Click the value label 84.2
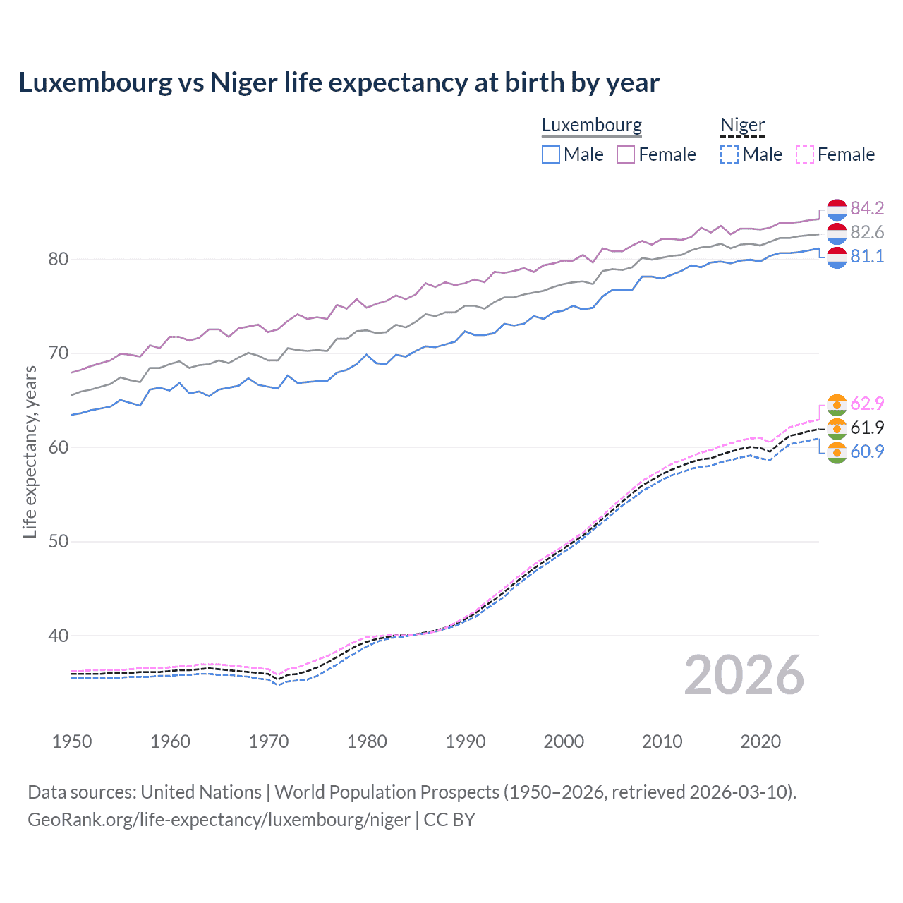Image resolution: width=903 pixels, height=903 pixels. pyautogui.click(x=867, y=208)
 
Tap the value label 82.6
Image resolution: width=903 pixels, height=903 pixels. pyautogui.click(x=867, y=232)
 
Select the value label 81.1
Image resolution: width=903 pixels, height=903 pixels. pyautogui.click(x=867, y=256)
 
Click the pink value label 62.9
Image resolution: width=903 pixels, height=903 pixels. pyautogui.click(x=867, y=404)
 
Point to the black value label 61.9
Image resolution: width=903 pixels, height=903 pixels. pyautogui.click(x=867, y=428)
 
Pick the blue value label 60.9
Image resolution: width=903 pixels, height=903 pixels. pyautogui.click(x=867, y=451)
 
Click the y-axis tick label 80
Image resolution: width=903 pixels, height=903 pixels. pyautogui.click(x=59, y=259)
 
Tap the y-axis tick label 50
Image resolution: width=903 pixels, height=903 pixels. pyautogui.click(x=59, y=541)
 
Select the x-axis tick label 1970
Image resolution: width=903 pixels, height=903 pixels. pyautogui.click(x=269, y=741)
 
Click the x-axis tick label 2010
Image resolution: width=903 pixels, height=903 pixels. pyautogui.click(x=662, y=741)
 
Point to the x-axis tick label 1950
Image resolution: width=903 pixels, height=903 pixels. pyautogui.click(x=72, y=741)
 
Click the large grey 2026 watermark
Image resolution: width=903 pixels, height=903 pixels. pyautogui.click(x=744, y=675)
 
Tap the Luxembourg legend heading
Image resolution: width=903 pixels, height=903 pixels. pyautogui.click(x=591, y=125)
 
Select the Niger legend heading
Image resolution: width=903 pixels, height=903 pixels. pyautogui.click(x=742, y=125)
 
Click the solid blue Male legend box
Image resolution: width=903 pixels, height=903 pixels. pyautogui.click(x=551, y=154)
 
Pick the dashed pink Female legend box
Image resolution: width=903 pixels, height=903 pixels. pyautogui.click(x=804, y=154)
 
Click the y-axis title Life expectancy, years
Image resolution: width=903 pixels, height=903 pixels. pyautogui.click(x=30, y=451)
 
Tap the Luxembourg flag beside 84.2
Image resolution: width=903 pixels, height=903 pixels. pyautogui.click(x=837, y=210)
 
